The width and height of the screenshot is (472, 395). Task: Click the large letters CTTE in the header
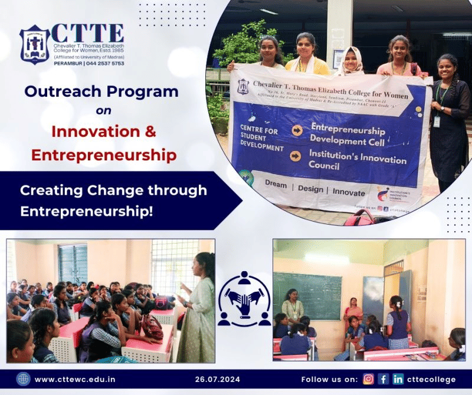[x=87, y=33]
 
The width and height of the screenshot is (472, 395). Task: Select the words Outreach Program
[x=101, y=91]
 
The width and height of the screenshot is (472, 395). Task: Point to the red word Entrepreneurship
[x=104, y=155]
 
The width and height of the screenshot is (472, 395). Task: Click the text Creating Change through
[x=113, y=190]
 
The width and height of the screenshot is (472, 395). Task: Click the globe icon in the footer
[x=23, y=379]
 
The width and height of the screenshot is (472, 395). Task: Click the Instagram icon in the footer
[x=368, y=379]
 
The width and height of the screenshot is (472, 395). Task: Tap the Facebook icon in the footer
[x=383, y=379]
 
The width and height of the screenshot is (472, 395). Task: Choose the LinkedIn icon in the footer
[x=398, y=379]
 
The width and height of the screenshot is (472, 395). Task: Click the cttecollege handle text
[x=432, y=379]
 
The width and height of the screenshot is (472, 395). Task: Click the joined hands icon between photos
[x=244, y=299]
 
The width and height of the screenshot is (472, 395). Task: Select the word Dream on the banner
[x=276, y=184]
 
